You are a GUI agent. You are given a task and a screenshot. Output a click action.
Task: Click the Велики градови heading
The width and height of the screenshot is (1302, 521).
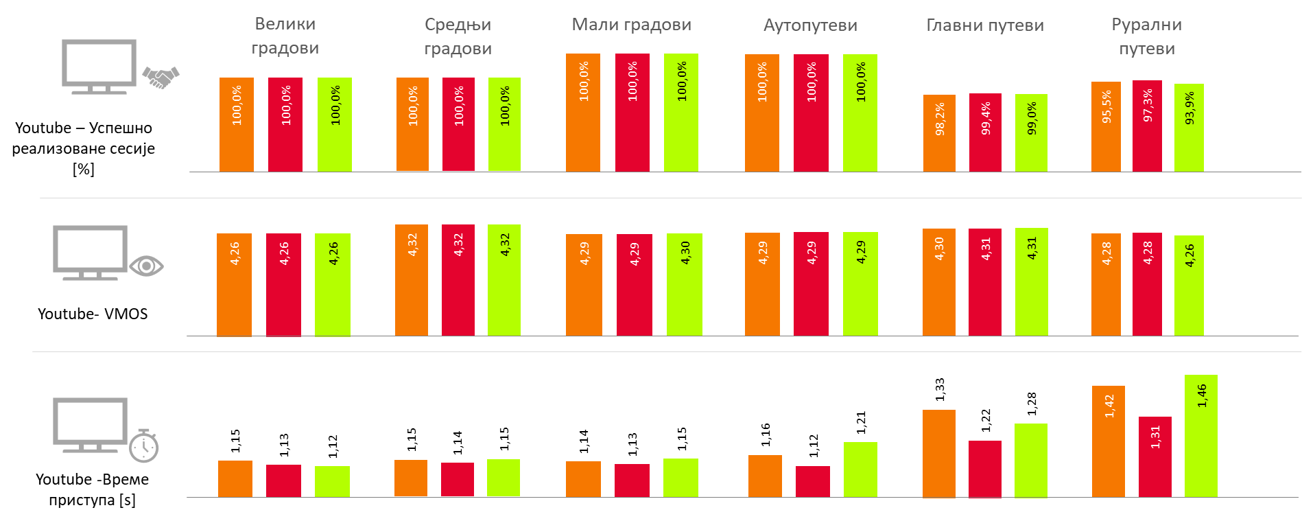coord(285,36)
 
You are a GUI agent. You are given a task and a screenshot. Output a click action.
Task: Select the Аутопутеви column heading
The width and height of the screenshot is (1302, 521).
coord(810,25)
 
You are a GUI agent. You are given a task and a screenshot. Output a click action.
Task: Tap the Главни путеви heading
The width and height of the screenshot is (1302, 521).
coord(984,25)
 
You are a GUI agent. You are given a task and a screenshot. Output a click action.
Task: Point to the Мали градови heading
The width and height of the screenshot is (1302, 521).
coord(631,25)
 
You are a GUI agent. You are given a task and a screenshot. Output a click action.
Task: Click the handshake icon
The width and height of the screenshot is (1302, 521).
coord(161,77)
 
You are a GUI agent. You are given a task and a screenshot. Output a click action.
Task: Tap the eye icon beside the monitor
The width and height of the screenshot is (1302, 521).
coord(146,266)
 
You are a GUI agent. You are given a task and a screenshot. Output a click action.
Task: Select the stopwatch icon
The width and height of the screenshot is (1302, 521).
coord(144,446)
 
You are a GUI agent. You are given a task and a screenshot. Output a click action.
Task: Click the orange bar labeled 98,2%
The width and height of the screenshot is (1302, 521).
coord(939,134)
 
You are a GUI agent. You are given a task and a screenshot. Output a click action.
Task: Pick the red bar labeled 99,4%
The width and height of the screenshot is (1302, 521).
coord(985,133)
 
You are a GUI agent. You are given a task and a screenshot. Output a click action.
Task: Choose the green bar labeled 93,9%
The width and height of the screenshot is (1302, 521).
coord(1189,128)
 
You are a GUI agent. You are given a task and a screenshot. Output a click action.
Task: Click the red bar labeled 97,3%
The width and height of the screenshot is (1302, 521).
coord(1147,126)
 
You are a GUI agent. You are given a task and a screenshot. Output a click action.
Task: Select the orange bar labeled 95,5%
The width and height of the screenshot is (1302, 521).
coord(1106,127)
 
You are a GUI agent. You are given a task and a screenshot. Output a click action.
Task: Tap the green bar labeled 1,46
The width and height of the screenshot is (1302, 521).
coord(1200,436)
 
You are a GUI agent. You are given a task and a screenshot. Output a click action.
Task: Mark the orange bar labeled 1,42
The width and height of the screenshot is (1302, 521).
coord(1108,441)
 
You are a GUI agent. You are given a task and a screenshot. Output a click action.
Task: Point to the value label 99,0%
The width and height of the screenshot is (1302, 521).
coord(1031,118)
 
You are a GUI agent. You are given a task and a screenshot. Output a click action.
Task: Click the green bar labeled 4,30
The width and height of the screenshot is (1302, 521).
coord(684,285)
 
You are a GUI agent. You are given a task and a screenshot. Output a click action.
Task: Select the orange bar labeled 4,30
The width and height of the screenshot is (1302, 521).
coord(938,283)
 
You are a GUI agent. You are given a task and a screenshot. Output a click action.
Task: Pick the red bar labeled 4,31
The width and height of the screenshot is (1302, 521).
coord(984,283)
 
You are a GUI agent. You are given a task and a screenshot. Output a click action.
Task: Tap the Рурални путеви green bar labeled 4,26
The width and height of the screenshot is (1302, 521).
coord(1189,286)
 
